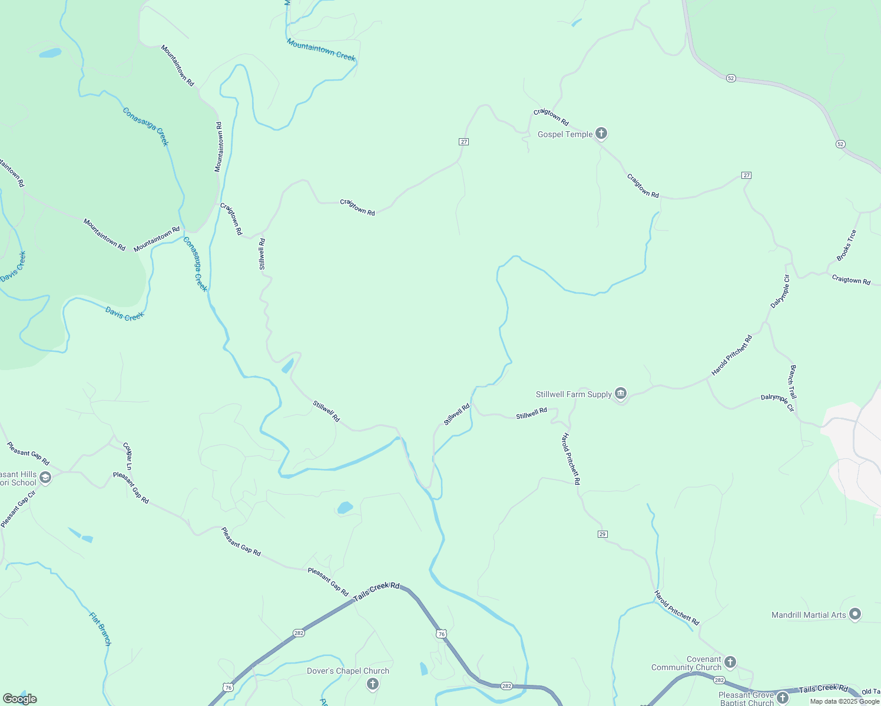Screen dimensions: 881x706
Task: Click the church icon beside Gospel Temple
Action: (x=601, y=134)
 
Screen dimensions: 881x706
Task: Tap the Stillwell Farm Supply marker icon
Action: (x=621, y=394)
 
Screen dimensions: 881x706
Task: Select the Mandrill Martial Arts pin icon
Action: (x=855, y=614)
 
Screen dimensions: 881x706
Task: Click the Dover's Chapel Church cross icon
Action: (x=372, y=684)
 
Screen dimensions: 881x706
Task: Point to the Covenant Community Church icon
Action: (x=730, y=662)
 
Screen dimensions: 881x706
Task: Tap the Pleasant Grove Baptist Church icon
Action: (x=782, y=698)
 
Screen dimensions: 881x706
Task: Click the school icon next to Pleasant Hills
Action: (x=45, y=478)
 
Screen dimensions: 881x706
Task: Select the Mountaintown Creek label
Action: (x=321, y=50)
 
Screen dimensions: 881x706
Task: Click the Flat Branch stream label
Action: (x=100, y=628)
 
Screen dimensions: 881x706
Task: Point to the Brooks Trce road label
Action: (x=847, y=245)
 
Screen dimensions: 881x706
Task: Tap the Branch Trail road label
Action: (x=793, y=382)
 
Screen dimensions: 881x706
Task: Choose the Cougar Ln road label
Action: (x=127, y=456)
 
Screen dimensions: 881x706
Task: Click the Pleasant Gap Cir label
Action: (x=18, y=509)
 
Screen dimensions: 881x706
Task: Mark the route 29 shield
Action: (x=602, y=534)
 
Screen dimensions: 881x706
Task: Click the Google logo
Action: (x=19, y=699)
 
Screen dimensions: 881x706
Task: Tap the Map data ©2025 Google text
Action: (x=844, y=701)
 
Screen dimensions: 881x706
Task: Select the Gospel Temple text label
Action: (x=565, y=134)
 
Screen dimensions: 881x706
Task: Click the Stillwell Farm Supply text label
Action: (x=574, y=394)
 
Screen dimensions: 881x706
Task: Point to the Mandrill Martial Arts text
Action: (x=809, y=615)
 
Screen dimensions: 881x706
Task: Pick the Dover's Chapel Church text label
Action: (x=347, y=671)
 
